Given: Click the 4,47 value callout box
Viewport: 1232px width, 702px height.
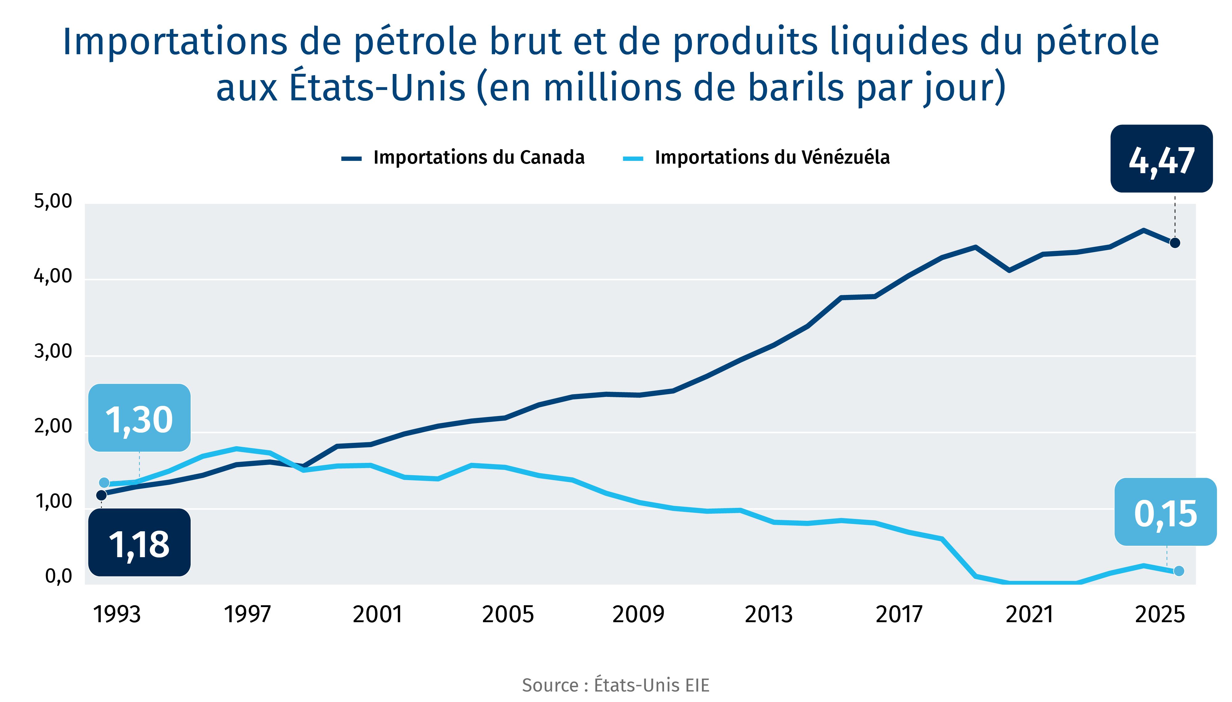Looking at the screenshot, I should [x=1161, y=159].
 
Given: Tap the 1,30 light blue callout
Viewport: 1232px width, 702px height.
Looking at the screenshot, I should [x=139, y=418].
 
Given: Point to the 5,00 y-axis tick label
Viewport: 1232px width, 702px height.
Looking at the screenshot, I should [x=53, y=201].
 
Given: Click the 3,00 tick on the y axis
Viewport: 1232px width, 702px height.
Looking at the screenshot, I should [x=53, y=352].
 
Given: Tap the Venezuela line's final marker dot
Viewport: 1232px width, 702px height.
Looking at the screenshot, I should [x=1178, y=571].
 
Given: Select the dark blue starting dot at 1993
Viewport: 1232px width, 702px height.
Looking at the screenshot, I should [x=102, y=495].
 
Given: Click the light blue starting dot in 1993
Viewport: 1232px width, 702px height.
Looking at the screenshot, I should [x=104, y=483].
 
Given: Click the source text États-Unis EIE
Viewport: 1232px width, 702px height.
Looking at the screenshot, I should [x=615, y=685].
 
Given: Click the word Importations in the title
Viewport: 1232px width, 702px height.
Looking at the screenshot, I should [x=175, y=42].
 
